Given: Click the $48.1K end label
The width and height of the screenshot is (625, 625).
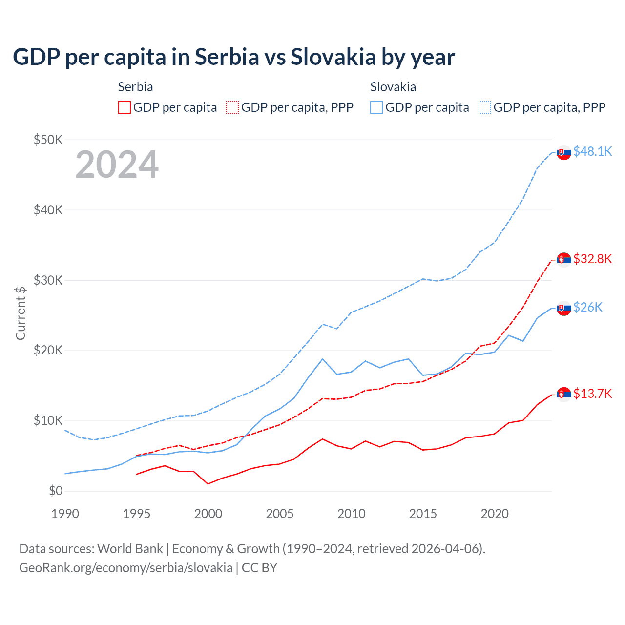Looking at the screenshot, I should [592, 152].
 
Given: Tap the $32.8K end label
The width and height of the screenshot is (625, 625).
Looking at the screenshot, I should [592, 259].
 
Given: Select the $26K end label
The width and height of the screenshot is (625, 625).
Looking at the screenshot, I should [587, 307].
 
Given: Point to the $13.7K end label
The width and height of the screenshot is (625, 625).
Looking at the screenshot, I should [592, 394].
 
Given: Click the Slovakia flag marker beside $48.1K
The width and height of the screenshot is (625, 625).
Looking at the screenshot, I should [564, 153].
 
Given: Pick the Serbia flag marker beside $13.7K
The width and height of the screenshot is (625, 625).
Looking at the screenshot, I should [564, 395].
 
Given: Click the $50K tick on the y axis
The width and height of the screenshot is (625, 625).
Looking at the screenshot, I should [48, 140].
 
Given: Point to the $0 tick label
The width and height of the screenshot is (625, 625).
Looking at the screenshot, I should [56, 491].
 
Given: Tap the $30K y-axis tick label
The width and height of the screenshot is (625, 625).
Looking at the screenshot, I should [48, 280].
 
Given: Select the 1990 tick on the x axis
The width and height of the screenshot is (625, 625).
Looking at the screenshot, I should [65, 514].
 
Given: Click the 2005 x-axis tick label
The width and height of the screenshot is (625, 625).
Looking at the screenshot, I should [280, 514].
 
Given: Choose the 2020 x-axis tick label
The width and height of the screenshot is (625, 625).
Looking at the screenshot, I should [495, 514].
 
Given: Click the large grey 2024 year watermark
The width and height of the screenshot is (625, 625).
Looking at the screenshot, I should [117, 165].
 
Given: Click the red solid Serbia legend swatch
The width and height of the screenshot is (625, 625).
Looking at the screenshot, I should [125, 107].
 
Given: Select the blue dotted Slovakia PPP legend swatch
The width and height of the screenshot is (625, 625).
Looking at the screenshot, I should [485, 107].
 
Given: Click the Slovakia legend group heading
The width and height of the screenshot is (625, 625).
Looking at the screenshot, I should [393, 87].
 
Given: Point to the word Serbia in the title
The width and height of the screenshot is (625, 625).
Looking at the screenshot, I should [227, 57].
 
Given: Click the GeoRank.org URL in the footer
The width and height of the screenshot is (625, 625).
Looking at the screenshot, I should [126, 568].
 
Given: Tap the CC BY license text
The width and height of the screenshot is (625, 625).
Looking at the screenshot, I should [259, 568].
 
